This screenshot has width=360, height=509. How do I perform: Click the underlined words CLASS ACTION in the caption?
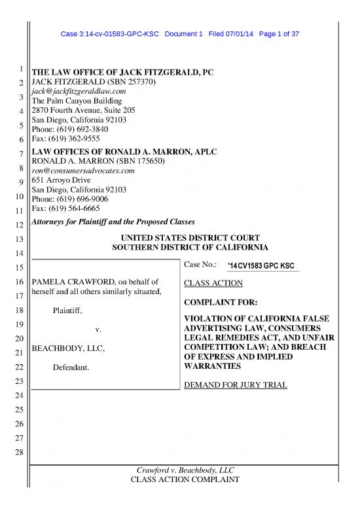click(x=213, y=283)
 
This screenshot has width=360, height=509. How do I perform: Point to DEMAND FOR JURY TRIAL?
click(x=236, y=385)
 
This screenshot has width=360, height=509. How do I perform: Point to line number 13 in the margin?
click(x=22, y=239)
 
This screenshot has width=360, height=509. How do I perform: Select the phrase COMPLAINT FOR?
click(x=218, y=303)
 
